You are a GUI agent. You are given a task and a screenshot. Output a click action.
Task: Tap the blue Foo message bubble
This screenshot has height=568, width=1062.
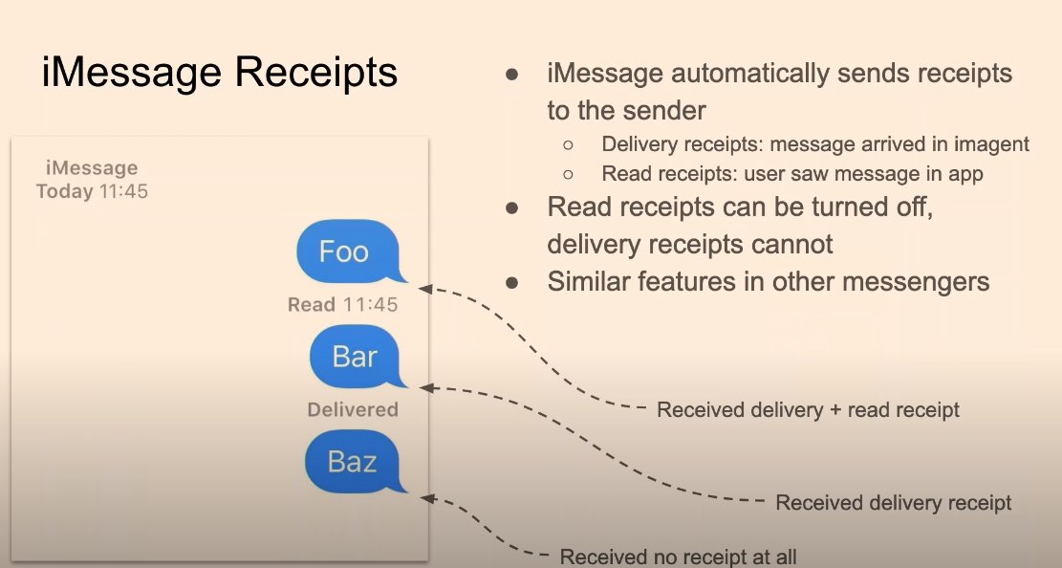(x=344, y=251)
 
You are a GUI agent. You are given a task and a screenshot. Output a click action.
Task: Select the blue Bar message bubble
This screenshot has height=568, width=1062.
(x=355, y=357)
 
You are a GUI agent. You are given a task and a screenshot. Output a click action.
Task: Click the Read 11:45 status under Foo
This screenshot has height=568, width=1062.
(x=342, y=305)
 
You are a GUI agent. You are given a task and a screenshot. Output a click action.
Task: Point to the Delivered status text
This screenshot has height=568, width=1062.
(x=352, y=409)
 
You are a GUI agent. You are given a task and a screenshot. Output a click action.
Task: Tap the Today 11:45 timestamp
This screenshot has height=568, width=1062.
(x=92, y=191)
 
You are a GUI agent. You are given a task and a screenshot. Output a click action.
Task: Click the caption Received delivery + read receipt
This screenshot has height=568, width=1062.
(x=808, y=410)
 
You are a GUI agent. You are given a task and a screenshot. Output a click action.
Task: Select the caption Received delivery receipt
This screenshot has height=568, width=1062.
(x=893, y=503)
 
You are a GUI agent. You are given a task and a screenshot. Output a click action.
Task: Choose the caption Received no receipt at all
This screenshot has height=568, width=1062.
(x=678, y=557)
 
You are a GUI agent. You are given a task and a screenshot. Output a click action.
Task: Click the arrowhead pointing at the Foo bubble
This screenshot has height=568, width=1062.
(x=424, y=286)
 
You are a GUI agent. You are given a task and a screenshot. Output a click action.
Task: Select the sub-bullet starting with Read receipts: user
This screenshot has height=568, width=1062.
(x=791, y=175)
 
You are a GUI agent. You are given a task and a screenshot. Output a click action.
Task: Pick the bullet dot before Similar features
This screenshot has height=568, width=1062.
(x=512, y=283)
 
